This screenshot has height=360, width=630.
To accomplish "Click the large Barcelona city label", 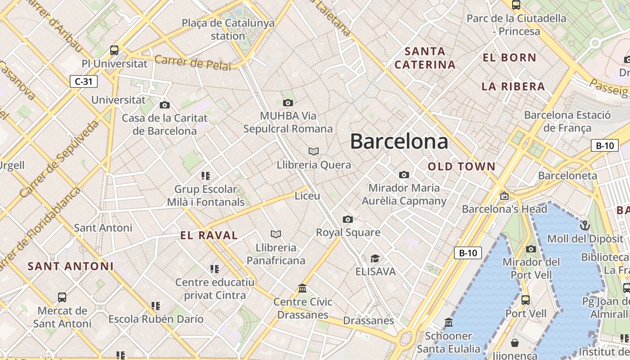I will click(x=399, y=141).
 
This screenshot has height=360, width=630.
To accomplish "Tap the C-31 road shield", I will click(x=84, y=81).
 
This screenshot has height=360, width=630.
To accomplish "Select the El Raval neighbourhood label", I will click(x=209, y=235).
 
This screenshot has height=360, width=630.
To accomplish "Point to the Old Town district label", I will click(x=461, y=166).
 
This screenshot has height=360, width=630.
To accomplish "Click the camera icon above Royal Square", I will click(x=348, y=219).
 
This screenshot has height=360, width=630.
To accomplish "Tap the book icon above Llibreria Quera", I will click(x=314, y=151).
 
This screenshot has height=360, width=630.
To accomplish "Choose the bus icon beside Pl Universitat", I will click(x=114, y=50).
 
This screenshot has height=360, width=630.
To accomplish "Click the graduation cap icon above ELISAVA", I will click(x=375, y=258).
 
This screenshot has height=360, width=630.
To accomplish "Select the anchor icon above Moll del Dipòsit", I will click(x=585, y=225).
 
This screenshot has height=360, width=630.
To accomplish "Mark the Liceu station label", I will click(x=307, y=196).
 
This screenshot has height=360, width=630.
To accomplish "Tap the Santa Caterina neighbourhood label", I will click(x=425, y=58).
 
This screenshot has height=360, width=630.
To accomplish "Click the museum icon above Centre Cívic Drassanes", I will click(x=302, y=288).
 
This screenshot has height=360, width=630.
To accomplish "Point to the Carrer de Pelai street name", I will click(x=193, y=63).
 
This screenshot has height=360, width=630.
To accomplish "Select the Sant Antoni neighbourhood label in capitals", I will click(x=71, y=266).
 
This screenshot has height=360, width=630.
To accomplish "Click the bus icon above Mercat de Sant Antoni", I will click(x=62, y=297).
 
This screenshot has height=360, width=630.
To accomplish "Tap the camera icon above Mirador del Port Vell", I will click(x=531, y=249).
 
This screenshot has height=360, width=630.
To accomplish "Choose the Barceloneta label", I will click(x=567, y=175).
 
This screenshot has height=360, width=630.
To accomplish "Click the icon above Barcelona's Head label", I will click(x=504, y=196).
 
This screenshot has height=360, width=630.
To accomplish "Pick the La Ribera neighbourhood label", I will click(x=513, y=86).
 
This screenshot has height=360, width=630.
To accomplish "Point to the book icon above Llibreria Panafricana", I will click(x=276, y=234).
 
